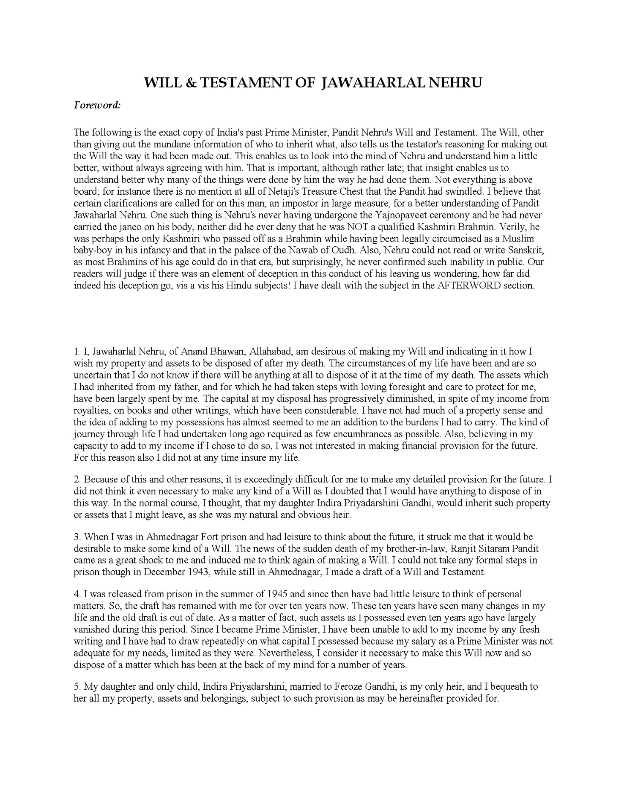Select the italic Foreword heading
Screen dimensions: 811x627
pos(97,106)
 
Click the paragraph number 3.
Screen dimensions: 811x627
pos(77,537)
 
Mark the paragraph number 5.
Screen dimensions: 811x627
pos(77,687)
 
